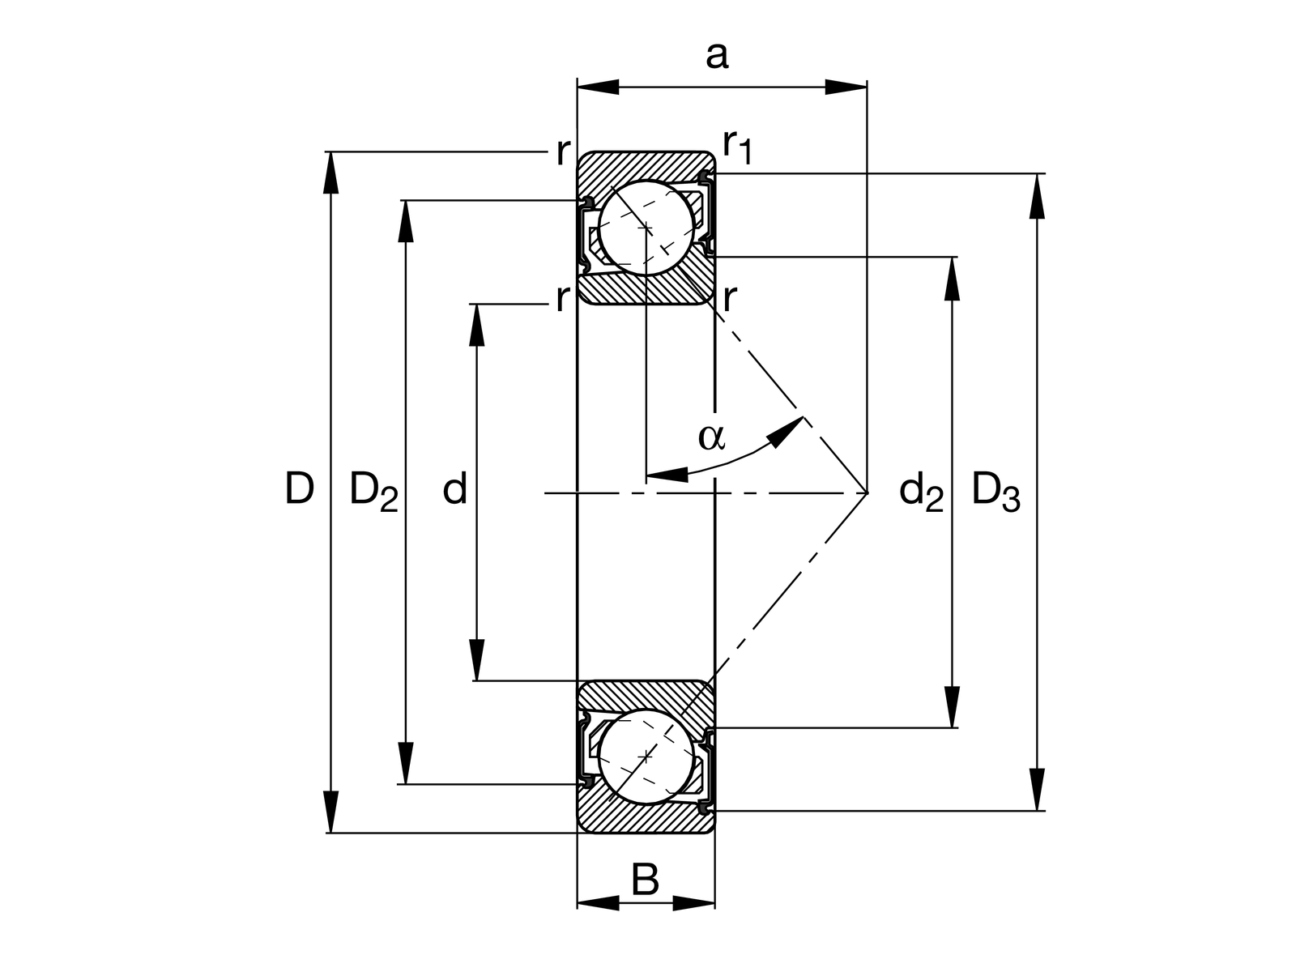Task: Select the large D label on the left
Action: point(300,488)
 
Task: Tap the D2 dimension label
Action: point(373,492)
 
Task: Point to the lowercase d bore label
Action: point(455,488)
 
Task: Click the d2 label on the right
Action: point(921,492)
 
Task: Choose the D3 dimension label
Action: point(995,492)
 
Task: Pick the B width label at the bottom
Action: point(645,880)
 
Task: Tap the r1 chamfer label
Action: point(737,147)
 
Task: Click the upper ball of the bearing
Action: point(646,228)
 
